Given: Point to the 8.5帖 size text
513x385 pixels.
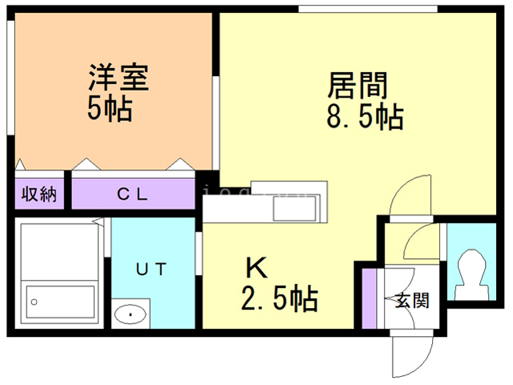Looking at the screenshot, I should (x=364, y=117).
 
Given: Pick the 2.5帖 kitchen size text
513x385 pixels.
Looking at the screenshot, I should (x=280, y=299).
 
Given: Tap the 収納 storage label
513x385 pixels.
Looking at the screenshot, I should (x=38, y=195).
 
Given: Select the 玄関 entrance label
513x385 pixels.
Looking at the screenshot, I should (x=412, y=301).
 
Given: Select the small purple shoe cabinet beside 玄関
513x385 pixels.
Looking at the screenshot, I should (x=370, y=298).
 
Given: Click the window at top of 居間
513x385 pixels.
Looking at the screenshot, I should (x=368, y=9).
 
